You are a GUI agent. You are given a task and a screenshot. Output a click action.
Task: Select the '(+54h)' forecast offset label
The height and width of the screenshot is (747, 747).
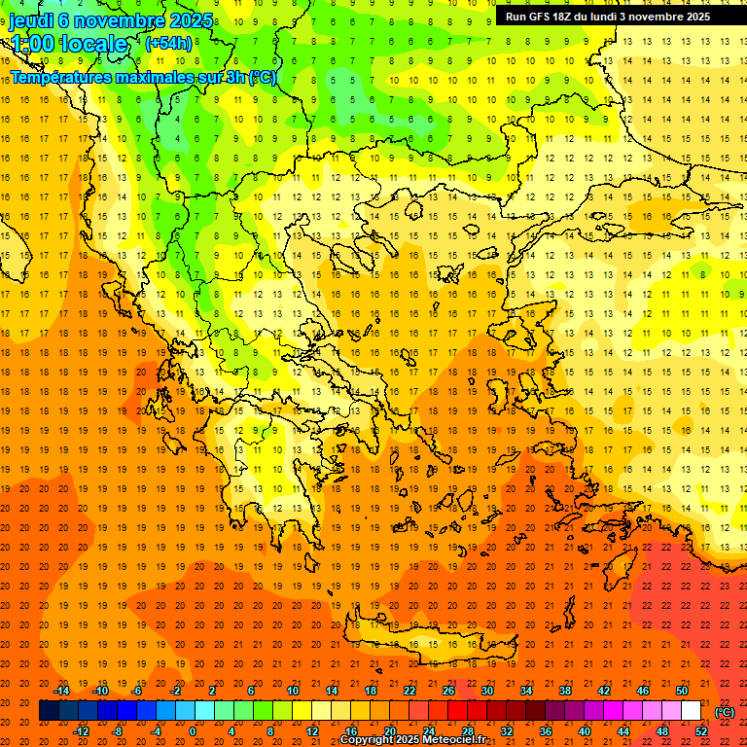coord(167,44)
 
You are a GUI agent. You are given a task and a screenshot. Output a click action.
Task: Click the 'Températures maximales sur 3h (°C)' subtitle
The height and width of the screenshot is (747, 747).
coord(143,78)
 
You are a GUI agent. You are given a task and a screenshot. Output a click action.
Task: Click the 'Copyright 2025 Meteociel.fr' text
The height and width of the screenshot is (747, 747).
coord(412,740)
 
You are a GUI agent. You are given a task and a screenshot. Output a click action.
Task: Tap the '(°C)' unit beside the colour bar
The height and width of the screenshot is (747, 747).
coord(724,712)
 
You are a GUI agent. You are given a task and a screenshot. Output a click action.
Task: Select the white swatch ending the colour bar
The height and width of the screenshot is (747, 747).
coord(691,711)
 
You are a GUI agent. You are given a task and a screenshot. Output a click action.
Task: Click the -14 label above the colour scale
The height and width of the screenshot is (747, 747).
coord(61,691)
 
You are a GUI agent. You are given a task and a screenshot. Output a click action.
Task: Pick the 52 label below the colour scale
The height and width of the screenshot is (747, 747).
coord(701,731)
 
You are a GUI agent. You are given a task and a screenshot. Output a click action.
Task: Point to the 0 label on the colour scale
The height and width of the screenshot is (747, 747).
coord(192,731)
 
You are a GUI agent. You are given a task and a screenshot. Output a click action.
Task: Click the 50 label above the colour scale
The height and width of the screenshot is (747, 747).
coord(682,691)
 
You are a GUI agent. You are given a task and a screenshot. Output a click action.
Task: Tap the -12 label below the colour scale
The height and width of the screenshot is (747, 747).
coord(81,731)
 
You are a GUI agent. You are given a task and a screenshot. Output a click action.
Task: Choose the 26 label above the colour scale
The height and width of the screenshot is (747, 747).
coord(448,691)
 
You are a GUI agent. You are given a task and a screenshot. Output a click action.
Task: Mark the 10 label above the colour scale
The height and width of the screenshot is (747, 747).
coord(292,691)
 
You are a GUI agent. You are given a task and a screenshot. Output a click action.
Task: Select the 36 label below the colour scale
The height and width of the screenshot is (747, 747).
coord(546,731)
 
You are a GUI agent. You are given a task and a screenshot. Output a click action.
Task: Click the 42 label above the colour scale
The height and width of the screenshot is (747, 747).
coord(604,691)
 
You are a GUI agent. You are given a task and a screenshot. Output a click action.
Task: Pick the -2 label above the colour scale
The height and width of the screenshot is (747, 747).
coord(176,691)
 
